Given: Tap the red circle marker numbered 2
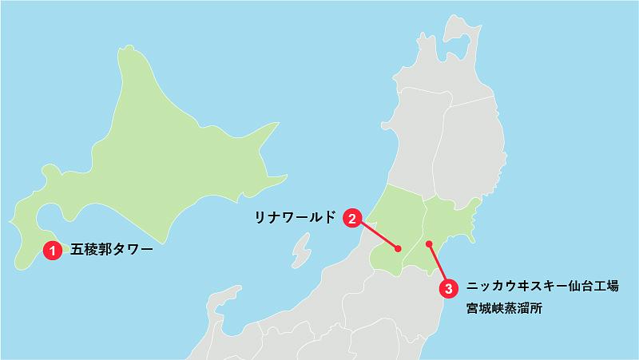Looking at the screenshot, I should tap(353, 217).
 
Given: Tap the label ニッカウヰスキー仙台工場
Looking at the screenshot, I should tap(542, 286).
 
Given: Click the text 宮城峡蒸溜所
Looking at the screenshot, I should tap(504, 307).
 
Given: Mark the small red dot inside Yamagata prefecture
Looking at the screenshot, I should tap(397, 248).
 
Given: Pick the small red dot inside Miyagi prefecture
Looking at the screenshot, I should tap(429, 243).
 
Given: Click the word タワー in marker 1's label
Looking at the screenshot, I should tap(132, 250).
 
